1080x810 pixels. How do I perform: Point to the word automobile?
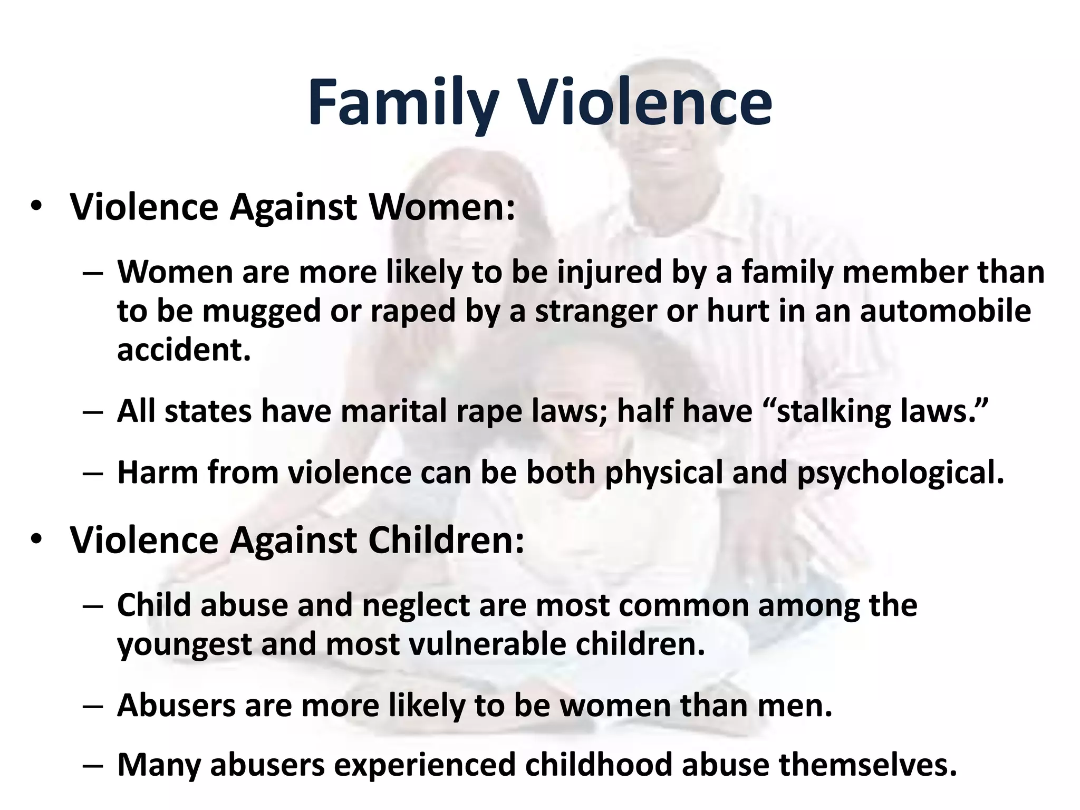pyautogui.click(x=945, y=311)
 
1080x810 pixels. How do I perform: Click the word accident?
pyautogui.click(x=184, y=349)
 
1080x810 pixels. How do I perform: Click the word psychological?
pyautogui.click(x=900, y=472)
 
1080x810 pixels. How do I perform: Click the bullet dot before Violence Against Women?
pyautogui.click(x=36, y=207)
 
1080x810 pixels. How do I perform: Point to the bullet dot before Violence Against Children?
pyautogui.click(x=36, y=540)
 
